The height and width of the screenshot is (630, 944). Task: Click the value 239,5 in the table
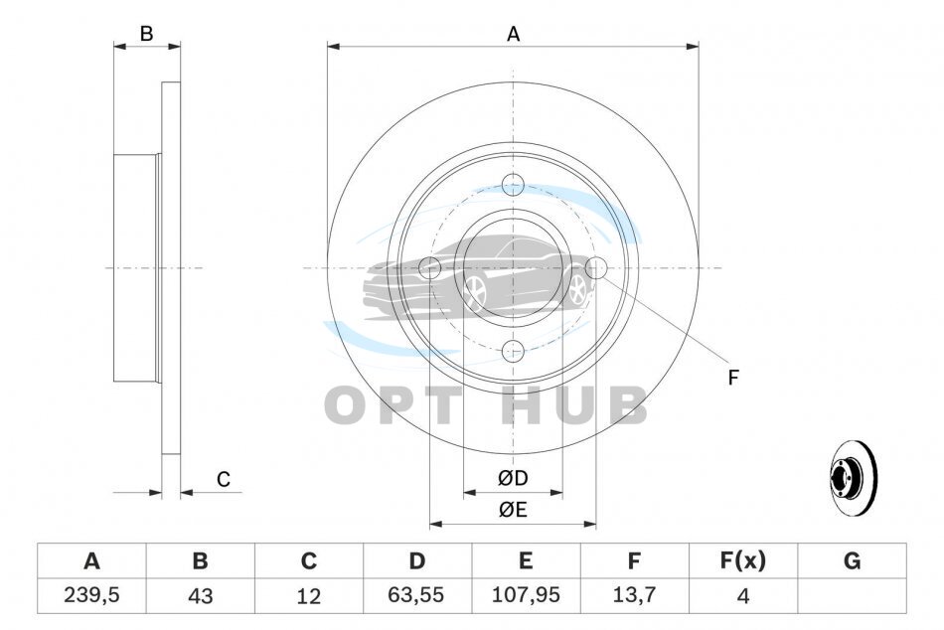coord(91,595)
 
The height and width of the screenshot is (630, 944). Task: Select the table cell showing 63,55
coord(416,595)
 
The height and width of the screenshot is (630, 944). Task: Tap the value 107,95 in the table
coord(526,595)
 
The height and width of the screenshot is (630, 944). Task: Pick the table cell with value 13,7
coord(634,595)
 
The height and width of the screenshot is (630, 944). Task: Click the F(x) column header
coord(743,560)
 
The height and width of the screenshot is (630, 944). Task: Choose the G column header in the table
coord(852,560)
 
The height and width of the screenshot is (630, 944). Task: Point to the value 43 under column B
coord(200,595)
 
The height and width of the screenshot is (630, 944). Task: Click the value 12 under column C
coord(308,595)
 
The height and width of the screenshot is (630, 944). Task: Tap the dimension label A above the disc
coord(513,35)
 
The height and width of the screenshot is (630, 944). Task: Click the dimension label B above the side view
coord(146,34)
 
